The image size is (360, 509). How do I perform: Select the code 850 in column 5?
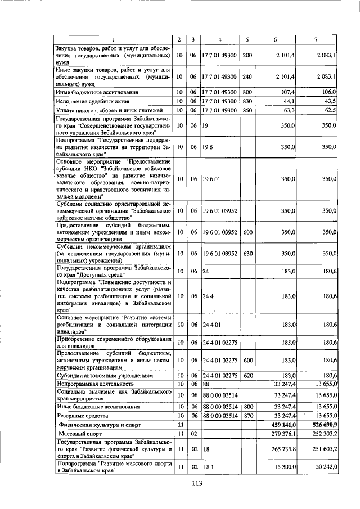247,110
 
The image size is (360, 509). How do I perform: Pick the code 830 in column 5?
247,101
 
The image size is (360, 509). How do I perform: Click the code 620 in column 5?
247,375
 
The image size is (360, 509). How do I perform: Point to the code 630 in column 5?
247,253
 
